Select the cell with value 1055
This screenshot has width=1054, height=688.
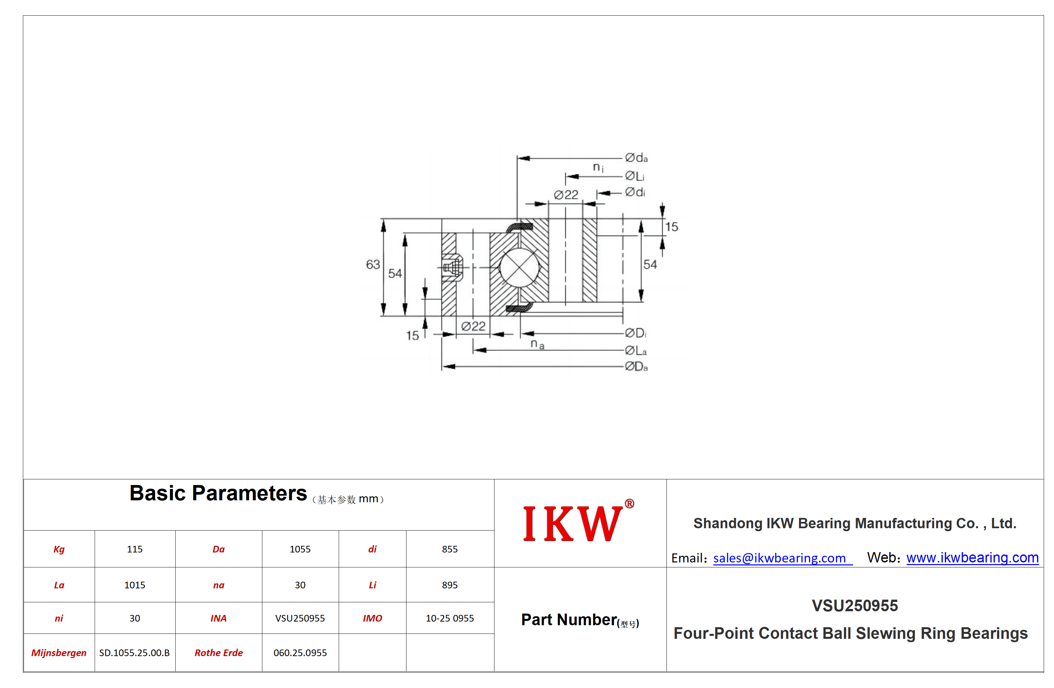point(300,549)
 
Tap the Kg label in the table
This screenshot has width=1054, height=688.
point(59,549)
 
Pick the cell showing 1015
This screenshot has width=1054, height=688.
point(134,585)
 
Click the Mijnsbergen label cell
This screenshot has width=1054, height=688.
point(59,652)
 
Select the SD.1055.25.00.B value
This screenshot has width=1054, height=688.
point(134,652)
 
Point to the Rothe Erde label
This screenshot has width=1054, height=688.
point(219,652)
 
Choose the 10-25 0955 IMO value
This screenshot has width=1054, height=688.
point(450,618)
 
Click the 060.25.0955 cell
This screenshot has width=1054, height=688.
point(300,652)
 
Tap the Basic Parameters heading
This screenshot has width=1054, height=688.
point(218,493)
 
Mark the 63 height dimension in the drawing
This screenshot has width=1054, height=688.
point(373,264)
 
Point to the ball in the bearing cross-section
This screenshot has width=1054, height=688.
point(519,267)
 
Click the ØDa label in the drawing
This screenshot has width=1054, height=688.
point(636,366)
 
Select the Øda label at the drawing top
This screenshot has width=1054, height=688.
point(636,158)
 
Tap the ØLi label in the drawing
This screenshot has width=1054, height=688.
point(635,176)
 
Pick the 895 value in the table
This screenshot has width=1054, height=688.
point(450,585)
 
